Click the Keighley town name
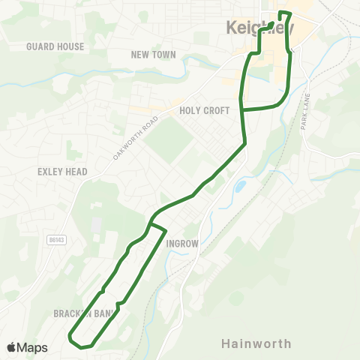[259, 28]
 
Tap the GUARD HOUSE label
[55, 46]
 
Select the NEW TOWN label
[153, 55]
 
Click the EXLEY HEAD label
[62, 172]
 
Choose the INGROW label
[181, 244]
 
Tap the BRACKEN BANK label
[84, 313]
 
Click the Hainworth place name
[256, 343]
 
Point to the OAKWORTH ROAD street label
[136, 137]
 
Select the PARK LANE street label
[305, 112]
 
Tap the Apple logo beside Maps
[12, 347]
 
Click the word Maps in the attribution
[33, 347]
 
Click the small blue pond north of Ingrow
[240, 184]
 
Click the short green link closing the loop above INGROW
[157, 226]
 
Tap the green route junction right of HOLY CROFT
[241, 109]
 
